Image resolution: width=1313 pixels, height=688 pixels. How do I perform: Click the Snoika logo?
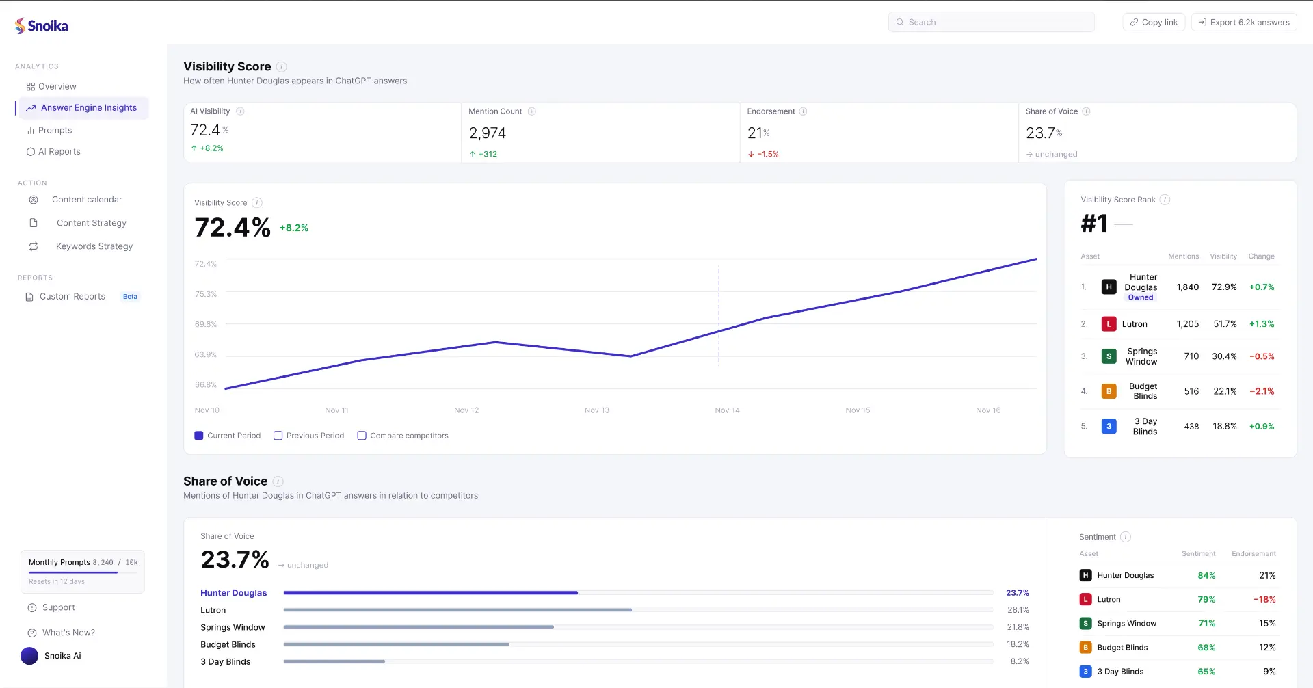coord(42,26)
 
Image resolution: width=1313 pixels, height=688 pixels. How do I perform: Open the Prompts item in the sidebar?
coord(55,130)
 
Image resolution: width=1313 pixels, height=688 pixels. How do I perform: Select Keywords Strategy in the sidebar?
coord(94,246)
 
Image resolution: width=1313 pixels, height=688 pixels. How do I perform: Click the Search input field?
coord(992,22)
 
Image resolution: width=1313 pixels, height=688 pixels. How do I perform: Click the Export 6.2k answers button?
coord(1244,22)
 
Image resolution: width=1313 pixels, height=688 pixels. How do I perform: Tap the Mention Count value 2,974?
coord(487,133)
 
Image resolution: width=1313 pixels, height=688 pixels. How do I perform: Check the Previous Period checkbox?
coord(278,436)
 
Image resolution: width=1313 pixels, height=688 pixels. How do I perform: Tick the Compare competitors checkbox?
coord(362,436)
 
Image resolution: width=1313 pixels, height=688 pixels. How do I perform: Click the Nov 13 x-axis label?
coord(596,410)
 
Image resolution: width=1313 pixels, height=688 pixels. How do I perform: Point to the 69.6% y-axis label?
coord(206,324)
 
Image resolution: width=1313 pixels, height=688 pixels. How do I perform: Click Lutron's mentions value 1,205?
coord(1187,324)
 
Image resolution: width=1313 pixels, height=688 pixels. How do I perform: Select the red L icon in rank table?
coord(1109,324)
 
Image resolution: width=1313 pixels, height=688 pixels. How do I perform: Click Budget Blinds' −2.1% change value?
coord(1262,391)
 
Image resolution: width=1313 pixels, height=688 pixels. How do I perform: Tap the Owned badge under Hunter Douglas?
coord(1140,297)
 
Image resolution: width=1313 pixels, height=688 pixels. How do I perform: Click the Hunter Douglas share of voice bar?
coord(431,593)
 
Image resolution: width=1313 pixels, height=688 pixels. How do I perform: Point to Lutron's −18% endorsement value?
coord(1264,600)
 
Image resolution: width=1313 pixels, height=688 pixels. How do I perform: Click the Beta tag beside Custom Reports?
coord(130,297)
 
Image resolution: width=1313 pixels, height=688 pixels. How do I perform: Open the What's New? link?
coord(68,633)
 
